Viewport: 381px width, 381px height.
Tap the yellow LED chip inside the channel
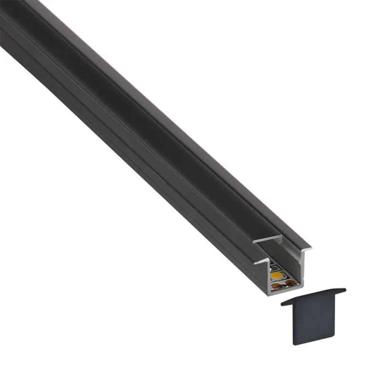[x=275, y=275]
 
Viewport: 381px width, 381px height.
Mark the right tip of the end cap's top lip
[x=344, y=290]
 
